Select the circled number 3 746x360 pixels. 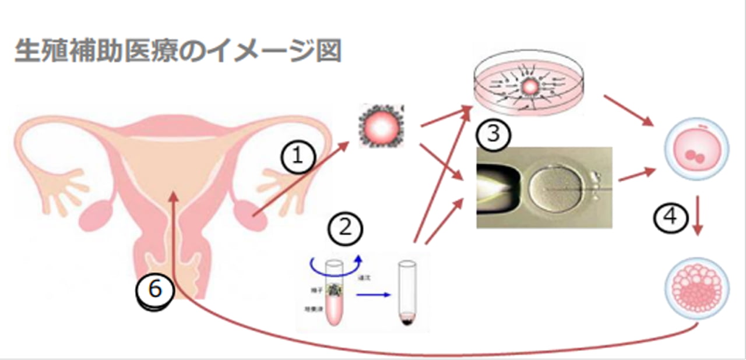pos(493,135)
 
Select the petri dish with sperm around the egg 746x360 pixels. pos(530,88)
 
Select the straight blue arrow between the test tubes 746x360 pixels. pos(373,295)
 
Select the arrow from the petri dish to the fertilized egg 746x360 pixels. pos(629,110)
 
